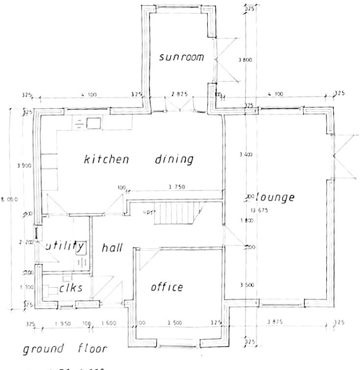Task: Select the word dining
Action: (x=174, y=160)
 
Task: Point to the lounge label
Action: (x=275, y=198)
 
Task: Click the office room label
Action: (x=167, y=287)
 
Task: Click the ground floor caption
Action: (x=66, y=349)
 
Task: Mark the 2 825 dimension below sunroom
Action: (x=179, y=94)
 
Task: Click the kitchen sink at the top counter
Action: (x=93, y=124)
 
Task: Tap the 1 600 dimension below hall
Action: (x=109, y=322)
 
